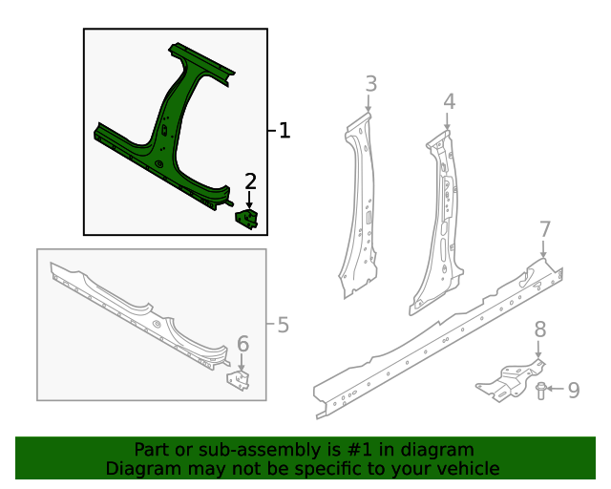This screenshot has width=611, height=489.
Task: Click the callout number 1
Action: tap(284, 130)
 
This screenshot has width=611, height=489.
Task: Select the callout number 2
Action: tap(250, 181)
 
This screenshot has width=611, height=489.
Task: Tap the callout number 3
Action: tap(371, 84)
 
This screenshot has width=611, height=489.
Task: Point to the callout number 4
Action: tap(450, 101)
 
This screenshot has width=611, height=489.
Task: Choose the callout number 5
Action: tap(284, 325)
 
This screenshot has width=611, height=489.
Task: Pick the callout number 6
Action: tap(242, 344)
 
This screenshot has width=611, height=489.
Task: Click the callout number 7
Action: tap(545, 229)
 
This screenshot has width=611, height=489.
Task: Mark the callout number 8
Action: tap(539, 330)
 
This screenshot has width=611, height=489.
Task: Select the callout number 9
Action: tap(574, 390)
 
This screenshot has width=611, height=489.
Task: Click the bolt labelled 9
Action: tap(540, 392)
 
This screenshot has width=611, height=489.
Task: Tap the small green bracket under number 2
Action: tap(246, 219)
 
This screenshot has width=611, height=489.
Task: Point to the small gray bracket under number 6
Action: tap(239, 380)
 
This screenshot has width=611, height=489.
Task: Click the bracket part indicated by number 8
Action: tap(509, 381)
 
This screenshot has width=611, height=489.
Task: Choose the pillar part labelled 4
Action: tap(439, 223)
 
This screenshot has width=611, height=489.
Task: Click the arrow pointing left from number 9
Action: tap(555, 389)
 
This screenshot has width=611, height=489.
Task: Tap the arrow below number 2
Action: tap(249, 201)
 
